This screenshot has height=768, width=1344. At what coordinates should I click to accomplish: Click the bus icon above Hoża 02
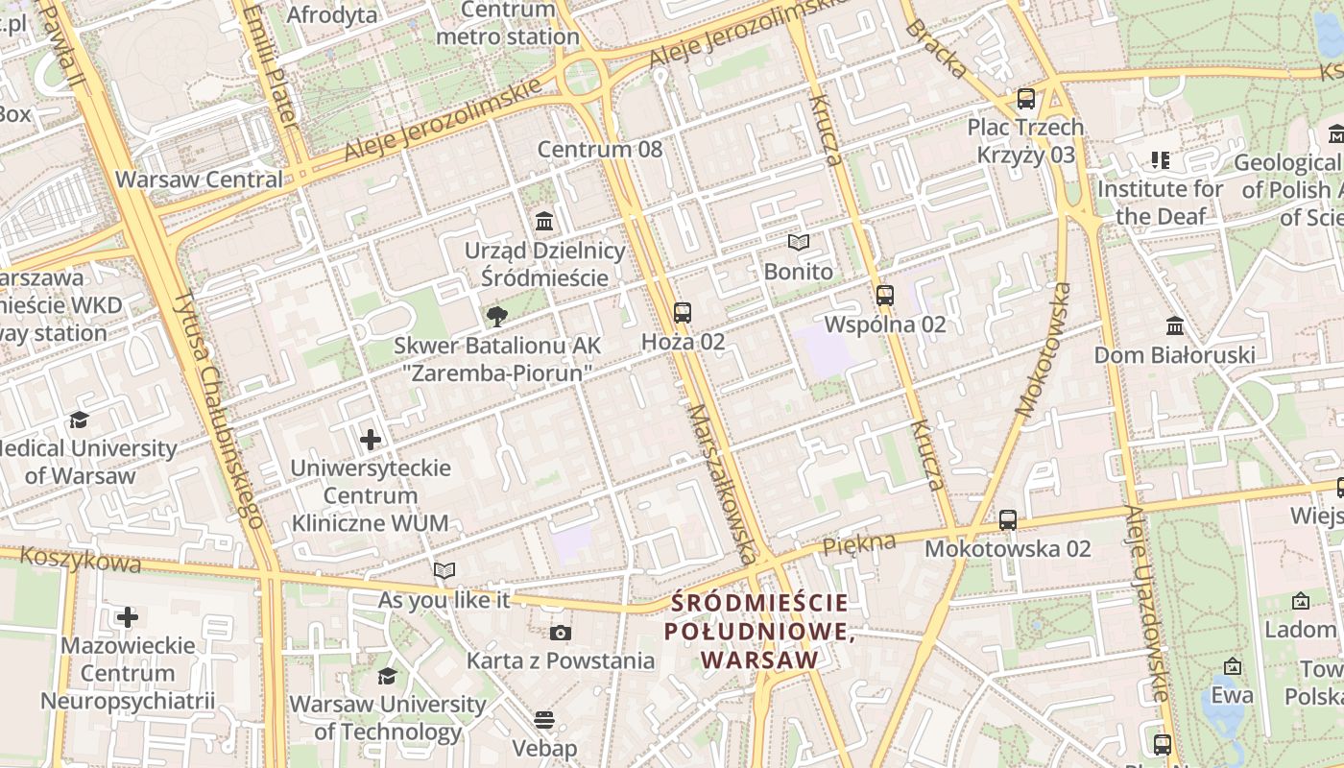click(682, 312)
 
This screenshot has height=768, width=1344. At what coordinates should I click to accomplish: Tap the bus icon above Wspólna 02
click(885, 296)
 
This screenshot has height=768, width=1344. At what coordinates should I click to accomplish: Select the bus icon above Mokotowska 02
click(1007, 520)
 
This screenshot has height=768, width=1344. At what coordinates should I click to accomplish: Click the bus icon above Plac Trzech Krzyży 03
click(1025, 98)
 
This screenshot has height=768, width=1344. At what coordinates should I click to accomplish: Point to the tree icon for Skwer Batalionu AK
click(496, 317)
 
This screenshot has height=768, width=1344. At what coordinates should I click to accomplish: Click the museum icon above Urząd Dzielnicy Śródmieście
click(544, 222)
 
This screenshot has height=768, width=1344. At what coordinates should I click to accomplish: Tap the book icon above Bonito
click(798, 243)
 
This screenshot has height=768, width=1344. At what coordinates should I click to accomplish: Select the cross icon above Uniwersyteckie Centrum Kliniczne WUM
click(371, 441)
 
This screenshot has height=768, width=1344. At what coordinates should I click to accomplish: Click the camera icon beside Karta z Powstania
click(561, 633)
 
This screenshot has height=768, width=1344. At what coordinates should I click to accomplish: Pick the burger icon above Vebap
click(544, 720)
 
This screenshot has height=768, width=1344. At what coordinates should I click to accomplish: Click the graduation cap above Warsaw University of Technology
click(387, 677)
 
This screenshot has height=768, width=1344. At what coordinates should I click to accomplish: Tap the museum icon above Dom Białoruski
click(1174, 326)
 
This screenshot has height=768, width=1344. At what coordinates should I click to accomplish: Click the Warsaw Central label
click(199, 180)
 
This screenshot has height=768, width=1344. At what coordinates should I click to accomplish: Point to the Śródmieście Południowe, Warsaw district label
click(759, 632)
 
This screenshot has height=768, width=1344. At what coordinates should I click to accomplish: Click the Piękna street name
click(859, 543)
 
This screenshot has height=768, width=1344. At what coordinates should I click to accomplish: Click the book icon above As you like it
click(444, 571)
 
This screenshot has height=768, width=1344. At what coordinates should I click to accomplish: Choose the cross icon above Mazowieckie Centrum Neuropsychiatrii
click(127, 616)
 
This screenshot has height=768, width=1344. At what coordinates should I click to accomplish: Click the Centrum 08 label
click(599, 149)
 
